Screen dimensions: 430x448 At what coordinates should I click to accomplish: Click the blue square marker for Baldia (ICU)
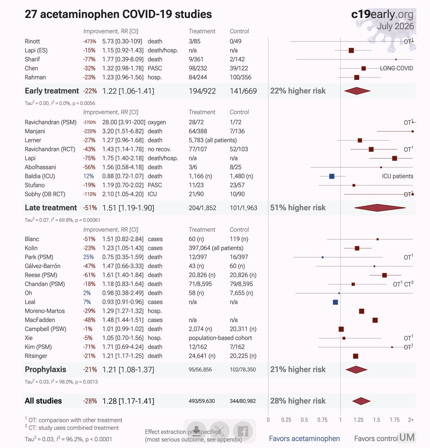pyautogui.click(x=332, y=176)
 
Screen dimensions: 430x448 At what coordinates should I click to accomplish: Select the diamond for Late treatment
pyautogui.click(x=380, y=208)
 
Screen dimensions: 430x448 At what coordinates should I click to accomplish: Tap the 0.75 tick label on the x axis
pyautogui.click(x=322, y=420)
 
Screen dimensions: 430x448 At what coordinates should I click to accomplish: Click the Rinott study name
pyautogui.click(x=32, y=41)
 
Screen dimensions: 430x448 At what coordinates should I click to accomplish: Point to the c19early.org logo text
pyautogui.click(x=382, y=15)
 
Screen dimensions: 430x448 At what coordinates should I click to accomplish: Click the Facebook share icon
pyautogui.click(x=243, y=431)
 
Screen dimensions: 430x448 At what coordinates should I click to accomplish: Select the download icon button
pyautogui.click(x=196, y=431)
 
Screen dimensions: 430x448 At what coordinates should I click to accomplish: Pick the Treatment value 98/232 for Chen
pyautogui.click(x=198, y=68)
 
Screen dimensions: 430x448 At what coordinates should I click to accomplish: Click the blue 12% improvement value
pyautogui.click(x=88, y=176)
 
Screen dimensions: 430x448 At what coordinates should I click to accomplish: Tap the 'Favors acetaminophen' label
pyautogui.click(x=304, y=439)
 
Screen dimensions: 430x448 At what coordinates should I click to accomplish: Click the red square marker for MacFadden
pyautogui.click(x=375, y=320)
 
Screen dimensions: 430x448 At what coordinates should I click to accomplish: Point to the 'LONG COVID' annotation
pyautogui.click(x=396, y=68)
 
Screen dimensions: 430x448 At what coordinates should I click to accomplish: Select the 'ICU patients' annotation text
pyautogui.click(x=398, y=176)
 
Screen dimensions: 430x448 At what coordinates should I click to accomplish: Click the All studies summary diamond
pyautogui.click(x=361, y=401)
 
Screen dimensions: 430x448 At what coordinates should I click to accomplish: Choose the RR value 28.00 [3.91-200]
pyautogui.click(x=124, y=122)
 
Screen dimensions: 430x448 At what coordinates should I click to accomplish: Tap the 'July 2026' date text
pyautogui.click(x=395, y=26)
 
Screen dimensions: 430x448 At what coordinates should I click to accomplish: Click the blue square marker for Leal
pyautogui.click(x=336, y=302)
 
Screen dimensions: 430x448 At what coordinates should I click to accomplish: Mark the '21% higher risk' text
pyautogui.click(x=298, y=370)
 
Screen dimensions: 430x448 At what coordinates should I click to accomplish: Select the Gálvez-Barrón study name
pyautogui.click(x=43, y=266)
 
